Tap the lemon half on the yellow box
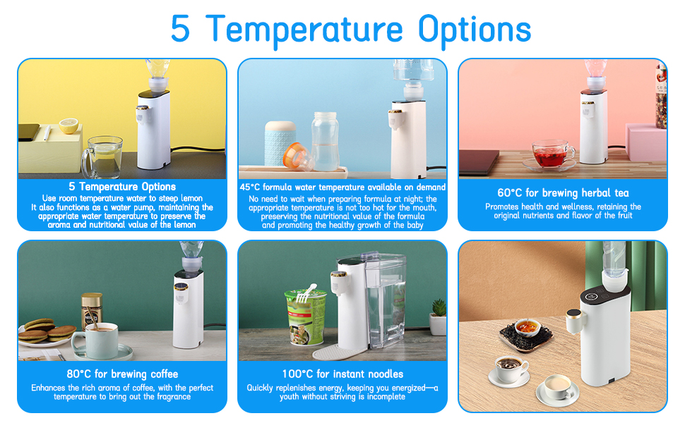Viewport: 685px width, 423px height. [x=68, y=125]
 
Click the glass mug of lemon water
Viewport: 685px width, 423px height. [x=103, y=157]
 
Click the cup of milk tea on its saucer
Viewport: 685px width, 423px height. [x=556, y=386]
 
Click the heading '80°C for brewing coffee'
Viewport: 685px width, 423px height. [x=122, y=374]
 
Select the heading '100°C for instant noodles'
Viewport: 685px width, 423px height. [x=342, y=374]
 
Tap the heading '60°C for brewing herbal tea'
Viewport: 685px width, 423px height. [x=562, y=192]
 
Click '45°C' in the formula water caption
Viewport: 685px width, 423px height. [x=252, y=187]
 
